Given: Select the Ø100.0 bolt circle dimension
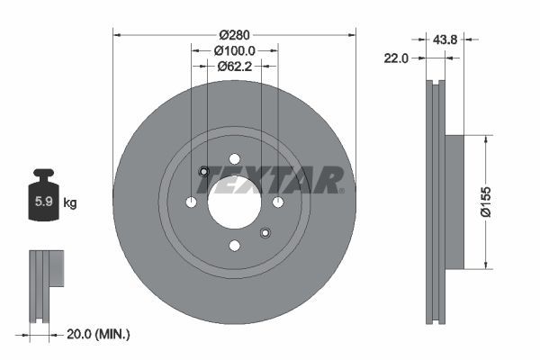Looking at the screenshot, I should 235,51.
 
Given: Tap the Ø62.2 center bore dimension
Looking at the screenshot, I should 235,66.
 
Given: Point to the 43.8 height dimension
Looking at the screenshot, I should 445,39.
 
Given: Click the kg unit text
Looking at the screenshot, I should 70,203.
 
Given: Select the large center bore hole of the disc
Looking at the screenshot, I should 234,202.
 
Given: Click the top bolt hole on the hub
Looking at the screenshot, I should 234,157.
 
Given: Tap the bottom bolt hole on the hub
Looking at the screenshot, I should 234,246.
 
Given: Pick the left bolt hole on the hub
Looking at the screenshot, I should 191,202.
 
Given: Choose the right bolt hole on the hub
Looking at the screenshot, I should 278,202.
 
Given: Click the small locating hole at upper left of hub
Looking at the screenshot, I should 203,172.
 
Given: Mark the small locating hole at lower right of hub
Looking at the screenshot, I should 265,233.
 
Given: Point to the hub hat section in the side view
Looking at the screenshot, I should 454,202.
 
